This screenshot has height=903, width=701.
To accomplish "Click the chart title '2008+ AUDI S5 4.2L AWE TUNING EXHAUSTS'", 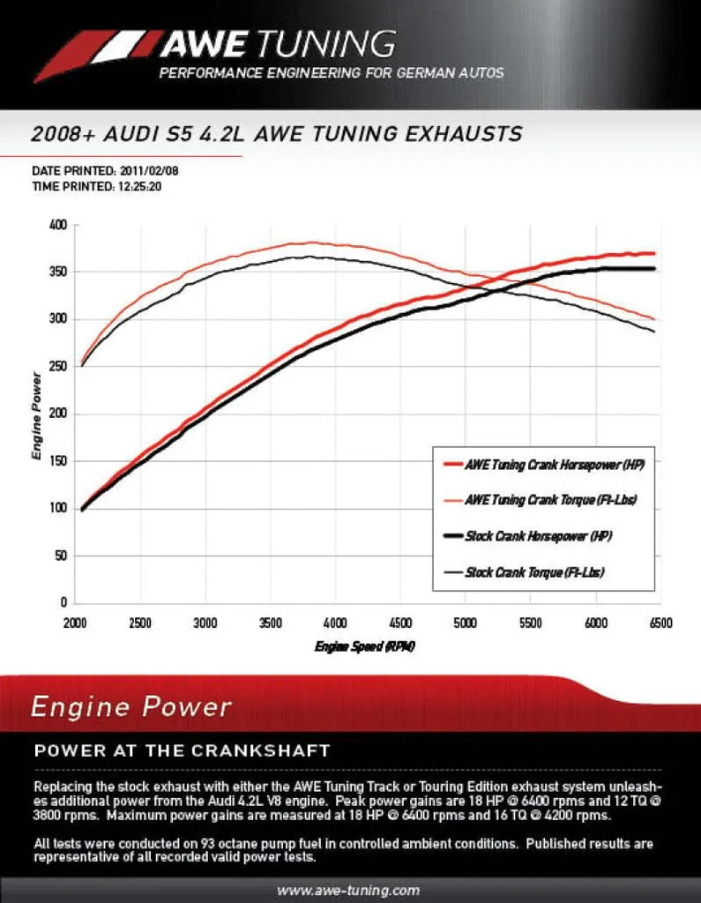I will pos(276,134).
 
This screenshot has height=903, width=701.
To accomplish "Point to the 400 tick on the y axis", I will pos(58,225).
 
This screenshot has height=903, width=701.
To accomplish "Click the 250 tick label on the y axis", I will pos(58,367).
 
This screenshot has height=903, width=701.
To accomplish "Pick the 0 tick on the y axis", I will pos(64,603).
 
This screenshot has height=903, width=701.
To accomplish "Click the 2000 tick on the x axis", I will pos(76,623).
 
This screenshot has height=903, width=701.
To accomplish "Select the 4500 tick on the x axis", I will pos(400,623).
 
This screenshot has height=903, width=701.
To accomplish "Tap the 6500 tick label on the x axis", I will pos(660,623).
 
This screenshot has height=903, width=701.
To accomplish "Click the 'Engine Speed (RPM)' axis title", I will pos(364,647).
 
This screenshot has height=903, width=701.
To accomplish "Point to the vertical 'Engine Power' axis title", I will pos(37,414).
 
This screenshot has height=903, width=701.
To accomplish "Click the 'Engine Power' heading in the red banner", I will pos(131,706).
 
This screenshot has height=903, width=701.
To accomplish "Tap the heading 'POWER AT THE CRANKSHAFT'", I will pos(182,751).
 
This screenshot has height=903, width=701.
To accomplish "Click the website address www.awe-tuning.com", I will pos(349,890).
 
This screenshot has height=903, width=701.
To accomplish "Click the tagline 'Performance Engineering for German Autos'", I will pos(332,73).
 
